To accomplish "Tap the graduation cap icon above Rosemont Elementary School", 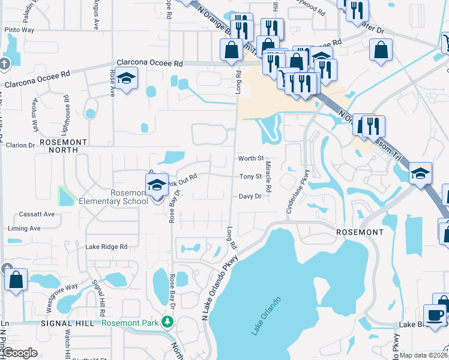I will (157, 185).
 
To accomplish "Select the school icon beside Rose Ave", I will (126, 79).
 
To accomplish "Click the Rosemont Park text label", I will (130, 322).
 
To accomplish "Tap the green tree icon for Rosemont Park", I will (169, 323).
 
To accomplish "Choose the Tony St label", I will (250, 176).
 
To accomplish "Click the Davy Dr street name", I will (250, 196).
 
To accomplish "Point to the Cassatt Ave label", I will (36, 214).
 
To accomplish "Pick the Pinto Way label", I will (19, 29).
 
